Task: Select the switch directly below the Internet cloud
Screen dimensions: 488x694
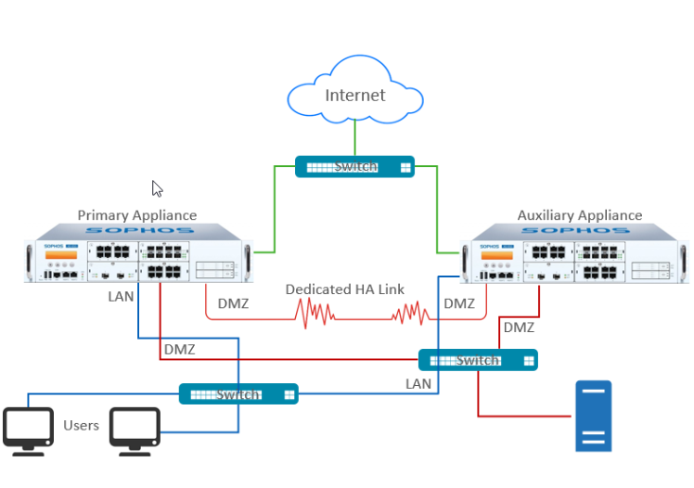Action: tap(353, 167)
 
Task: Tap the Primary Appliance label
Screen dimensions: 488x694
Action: tap(136, 215)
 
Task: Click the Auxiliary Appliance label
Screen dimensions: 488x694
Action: tap(579, 215)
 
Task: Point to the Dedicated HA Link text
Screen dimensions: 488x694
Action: tap(344, 289)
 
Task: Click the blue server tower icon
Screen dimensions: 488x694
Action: tap(593, 416)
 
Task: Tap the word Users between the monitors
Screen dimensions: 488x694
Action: tap(81, 426)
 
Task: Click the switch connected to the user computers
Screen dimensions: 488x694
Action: tap(238, 394)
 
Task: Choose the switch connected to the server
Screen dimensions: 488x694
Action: tap(477, 360)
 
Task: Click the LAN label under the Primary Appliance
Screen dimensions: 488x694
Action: tap(121, 297)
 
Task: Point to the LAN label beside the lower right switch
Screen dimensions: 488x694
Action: tap(418, 383)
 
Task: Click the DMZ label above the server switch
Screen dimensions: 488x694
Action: tap(519, 327)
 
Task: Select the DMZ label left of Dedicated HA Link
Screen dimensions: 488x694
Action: tap(233, 303)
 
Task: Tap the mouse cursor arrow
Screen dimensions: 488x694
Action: tap(157, 188)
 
